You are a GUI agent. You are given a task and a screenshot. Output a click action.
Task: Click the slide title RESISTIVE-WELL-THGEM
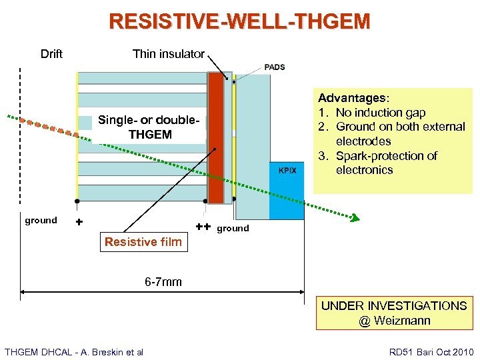pyautogui.click(x=239, y=21)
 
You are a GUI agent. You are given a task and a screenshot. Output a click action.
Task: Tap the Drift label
pyautogui.click(x=51, y=54)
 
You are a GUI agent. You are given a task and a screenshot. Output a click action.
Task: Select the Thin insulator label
pyautogui.click(x=169, y=54)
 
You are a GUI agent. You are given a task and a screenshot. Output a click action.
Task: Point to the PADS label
pyautogui.click(x=275, y=67)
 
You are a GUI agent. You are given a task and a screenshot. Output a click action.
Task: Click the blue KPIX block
pyautogui.click(x=287, y=190)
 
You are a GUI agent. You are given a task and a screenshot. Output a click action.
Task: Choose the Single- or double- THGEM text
pyautogui.click(x=149, y=127)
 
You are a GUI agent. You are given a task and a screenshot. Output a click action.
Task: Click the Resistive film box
pyautogui.click(x=143, y=242)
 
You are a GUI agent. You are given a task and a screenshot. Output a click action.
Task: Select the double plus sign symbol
pyautogui.click(x=204, y=227)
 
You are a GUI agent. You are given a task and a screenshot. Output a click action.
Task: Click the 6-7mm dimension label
pyautogui.click(x=163, y=282)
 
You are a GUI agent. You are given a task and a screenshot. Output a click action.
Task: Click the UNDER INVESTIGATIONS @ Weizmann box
pyautogui.click(x=394, y=313)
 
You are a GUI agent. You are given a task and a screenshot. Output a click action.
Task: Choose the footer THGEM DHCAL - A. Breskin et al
pyautogui.click(x=74, y=351)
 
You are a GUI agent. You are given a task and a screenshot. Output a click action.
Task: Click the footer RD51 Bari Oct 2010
pyautogui.click(x=431, y=351)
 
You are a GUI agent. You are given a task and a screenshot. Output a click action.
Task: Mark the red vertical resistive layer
pyautogui.click(x=215, y=137)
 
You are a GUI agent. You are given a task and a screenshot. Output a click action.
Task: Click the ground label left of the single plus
pyautogui.click(x=41, y=220)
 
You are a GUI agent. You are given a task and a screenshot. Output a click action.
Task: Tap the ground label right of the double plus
pyautogui.click(x=233, y=228)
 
